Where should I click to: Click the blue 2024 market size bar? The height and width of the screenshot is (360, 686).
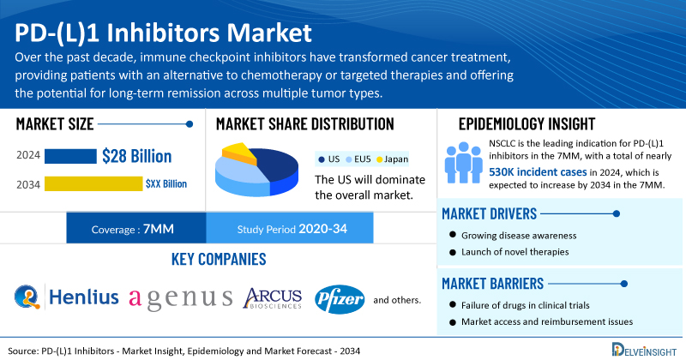tap(70, 156)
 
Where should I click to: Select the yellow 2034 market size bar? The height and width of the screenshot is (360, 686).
tap(93, 183)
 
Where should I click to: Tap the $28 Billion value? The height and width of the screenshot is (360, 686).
tap(137, 156)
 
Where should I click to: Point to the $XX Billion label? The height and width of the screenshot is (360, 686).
tap(166, 183)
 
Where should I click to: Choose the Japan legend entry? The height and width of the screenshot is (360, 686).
tap(393, 159)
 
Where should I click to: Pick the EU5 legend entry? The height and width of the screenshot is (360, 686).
tap(358, 159)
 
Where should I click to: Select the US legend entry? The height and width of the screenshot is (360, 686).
tap(329, 159)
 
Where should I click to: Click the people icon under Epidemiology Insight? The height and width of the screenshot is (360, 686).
tap(464, 162)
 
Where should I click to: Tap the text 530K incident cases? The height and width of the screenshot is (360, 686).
tap(538, 172)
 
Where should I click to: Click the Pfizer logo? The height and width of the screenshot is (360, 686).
tap(340, 300)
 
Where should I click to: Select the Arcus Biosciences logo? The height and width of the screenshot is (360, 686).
tap(273, 298)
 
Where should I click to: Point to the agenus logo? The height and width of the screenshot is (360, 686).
tap(181, 299)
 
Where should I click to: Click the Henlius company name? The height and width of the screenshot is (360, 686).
tap(83, 297)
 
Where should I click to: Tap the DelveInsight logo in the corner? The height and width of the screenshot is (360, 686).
tap(645, 350)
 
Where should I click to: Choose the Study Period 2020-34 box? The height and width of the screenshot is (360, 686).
tap(290, 228)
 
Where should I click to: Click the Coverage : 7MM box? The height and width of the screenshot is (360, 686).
tap(136, 228)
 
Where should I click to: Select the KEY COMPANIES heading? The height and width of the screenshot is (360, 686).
tap(219, 260)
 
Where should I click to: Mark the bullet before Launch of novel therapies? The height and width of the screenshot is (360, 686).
tap(453, 251)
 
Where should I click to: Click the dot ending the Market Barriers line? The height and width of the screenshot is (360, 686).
tap(624, 284)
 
